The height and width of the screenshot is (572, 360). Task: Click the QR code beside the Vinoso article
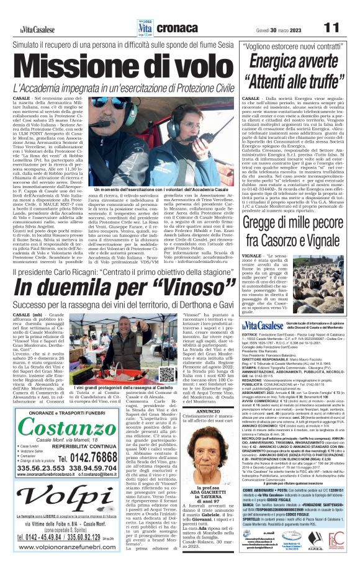166,375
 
